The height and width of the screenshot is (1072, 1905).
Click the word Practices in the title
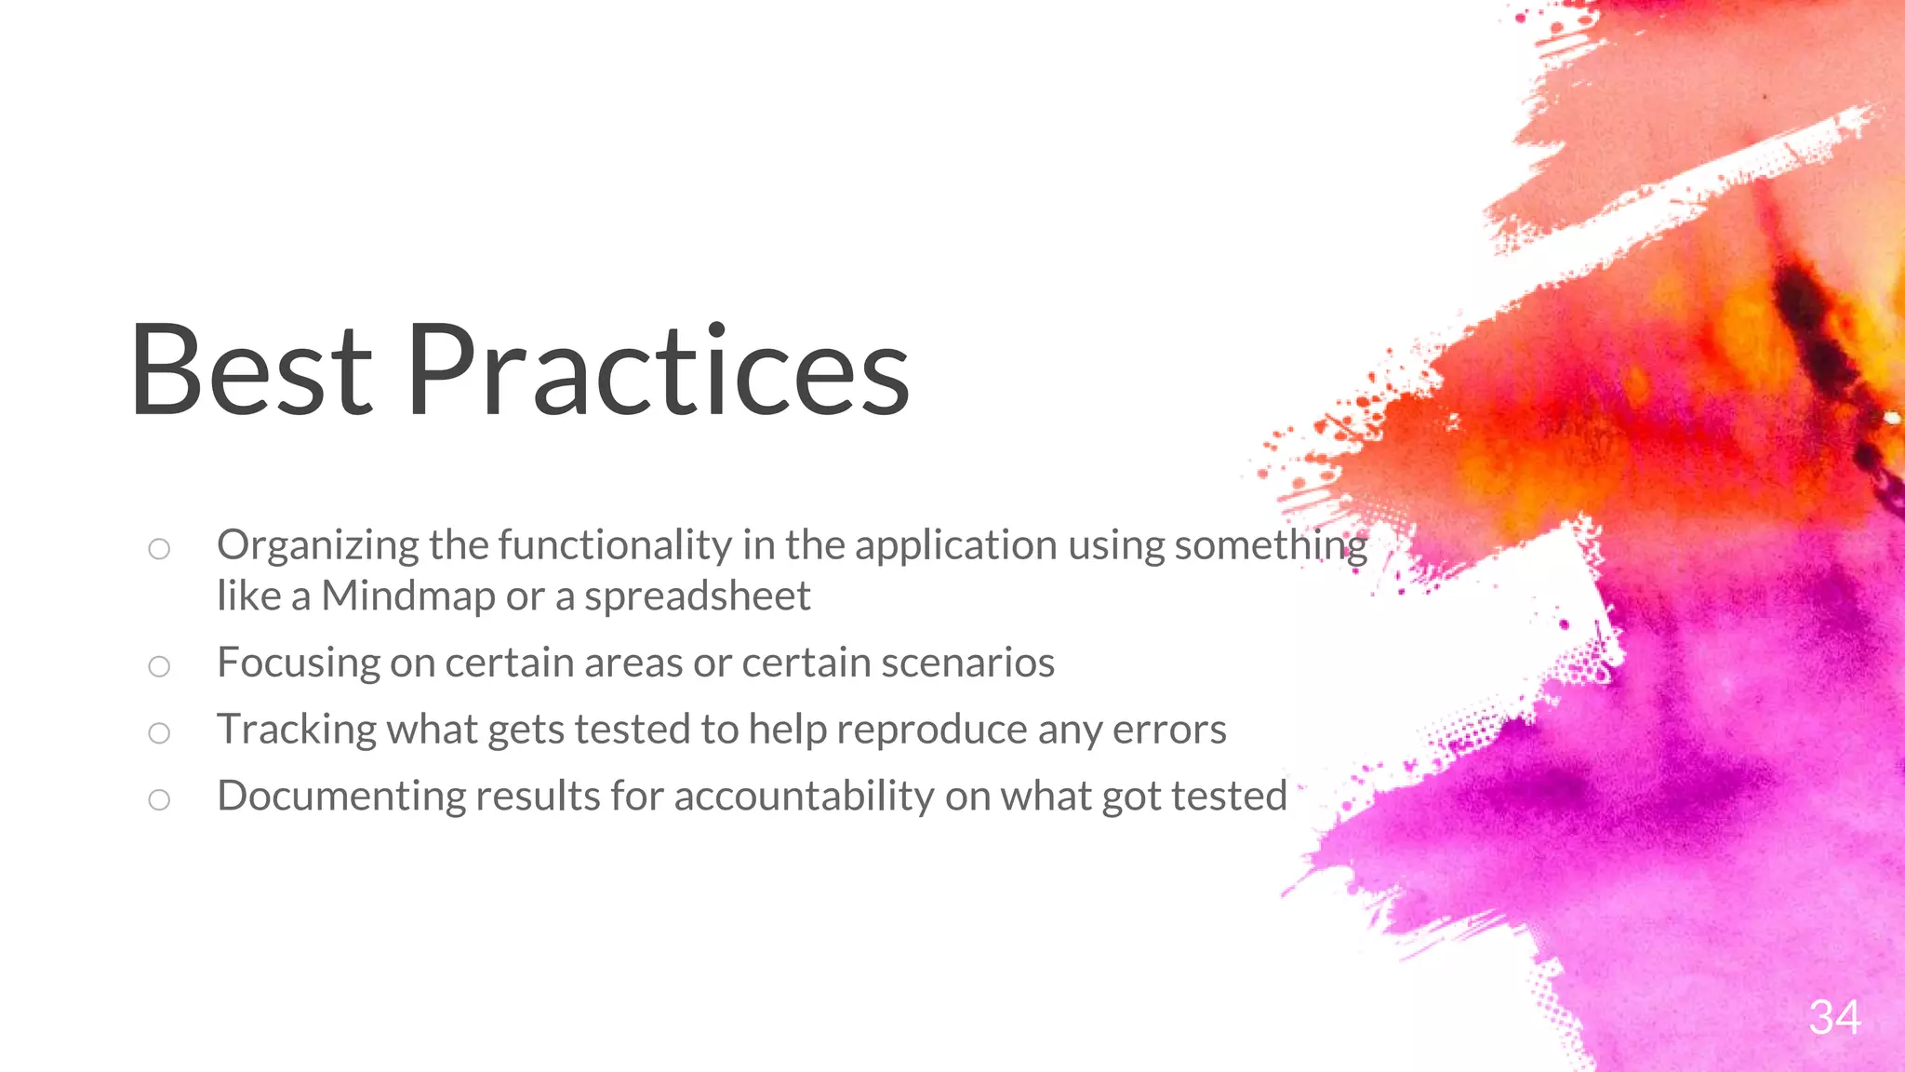pyautogui.click(x=658, y=369)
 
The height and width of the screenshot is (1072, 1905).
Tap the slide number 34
pyautogui.click(x=1834, y=1017)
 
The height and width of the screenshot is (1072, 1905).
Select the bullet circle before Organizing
pyautogui.click(x=159, y=549)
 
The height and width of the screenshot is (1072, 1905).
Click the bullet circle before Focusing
pyautogui.click(x=159, y=666)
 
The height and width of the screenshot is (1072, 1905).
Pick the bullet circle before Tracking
pyautogui.click(x=159, y=733)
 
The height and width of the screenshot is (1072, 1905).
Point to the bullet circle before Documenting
pyautogui.click(x=159, y=799)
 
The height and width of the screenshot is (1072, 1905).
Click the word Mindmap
pyautogui.click(x=408, y=596)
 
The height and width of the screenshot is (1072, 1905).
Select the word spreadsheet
pyautogui.click(x=697, y=596)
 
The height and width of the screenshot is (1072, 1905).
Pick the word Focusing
pyautogui.click(x=298, y=663)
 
